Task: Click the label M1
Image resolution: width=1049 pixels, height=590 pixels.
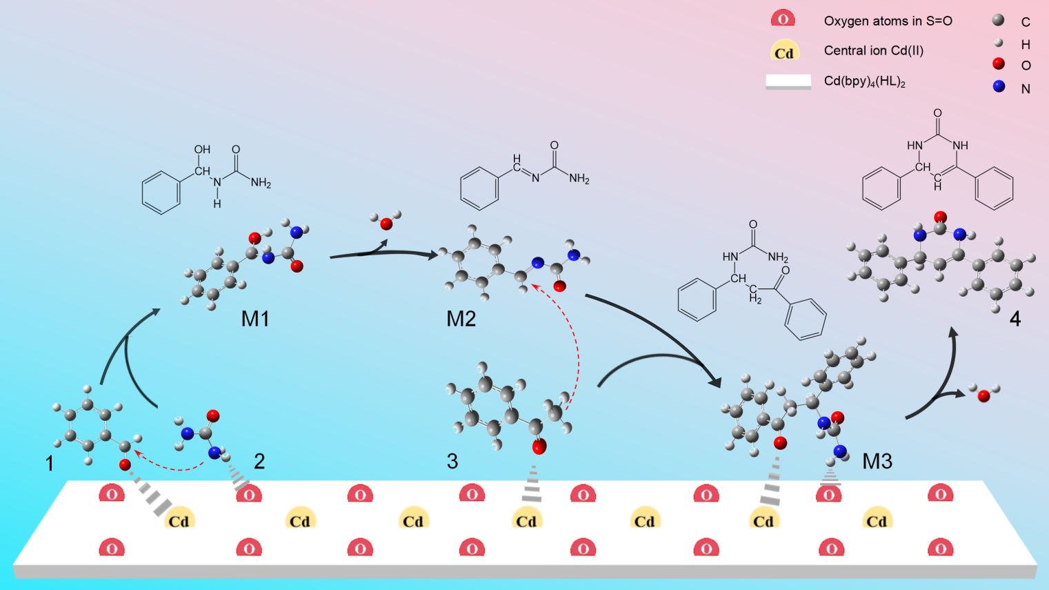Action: tap(254, 319)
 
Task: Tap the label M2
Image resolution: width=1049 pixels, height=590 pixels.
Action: tap(461, 319)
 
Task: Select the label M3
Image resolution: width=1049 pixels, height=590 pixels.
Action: tap(877, 461)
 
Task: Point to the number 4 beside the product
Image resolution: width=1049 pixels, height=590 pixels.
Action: tap(1015, 319)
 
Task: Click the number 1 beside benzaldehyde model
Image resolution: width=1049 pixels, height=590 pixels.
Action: tap(50, 463)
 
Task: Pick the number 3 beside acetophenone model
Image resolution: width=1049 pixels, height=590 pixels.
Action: tap(452, 461)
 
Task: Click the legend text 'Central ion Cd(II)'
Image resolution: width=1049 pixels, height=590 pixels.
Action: tap(873, 50)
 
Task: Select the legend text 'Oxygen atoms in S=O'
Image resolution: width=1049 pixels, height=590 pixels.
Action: tap(888, 21)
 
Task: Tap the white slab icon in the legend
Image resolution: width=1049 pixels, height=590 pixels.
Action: tap(788, 81)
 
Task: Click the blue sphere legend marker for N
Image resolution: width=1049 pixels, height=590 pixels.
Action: tap(999, 87)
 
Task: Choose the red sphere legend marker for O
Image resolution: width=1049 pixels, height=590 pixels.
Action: tap(999, 64)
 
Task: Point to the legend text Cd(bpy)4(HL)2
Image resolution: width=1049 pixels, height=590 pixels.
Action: tap(864, 81)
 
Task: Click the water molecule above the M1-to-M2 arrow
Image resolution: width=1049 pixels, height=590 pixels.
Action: tap(386, 222)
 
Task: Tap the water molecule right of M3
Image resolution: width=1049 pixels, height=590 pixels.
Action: tap(983, 394)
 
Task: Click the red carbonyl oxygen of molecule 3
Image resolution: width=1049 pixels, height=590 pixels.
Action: tap(539, 447)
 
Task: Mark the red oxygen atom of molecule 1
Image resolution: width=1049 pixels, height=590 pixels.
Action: tap(125, 464)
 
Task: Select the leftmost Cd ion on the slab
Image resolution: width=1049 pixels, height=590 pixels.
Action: tap(179, 520)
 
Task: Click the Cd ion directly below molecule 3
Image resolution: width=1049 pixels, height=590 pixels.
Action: tap(526, 520)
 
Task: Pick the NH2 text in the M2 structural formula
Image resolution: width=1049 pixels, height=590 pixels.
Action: tap(579, 179)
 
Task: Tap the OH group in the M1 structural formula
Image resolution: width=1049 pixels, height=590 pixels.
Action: tap(202, 150)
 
